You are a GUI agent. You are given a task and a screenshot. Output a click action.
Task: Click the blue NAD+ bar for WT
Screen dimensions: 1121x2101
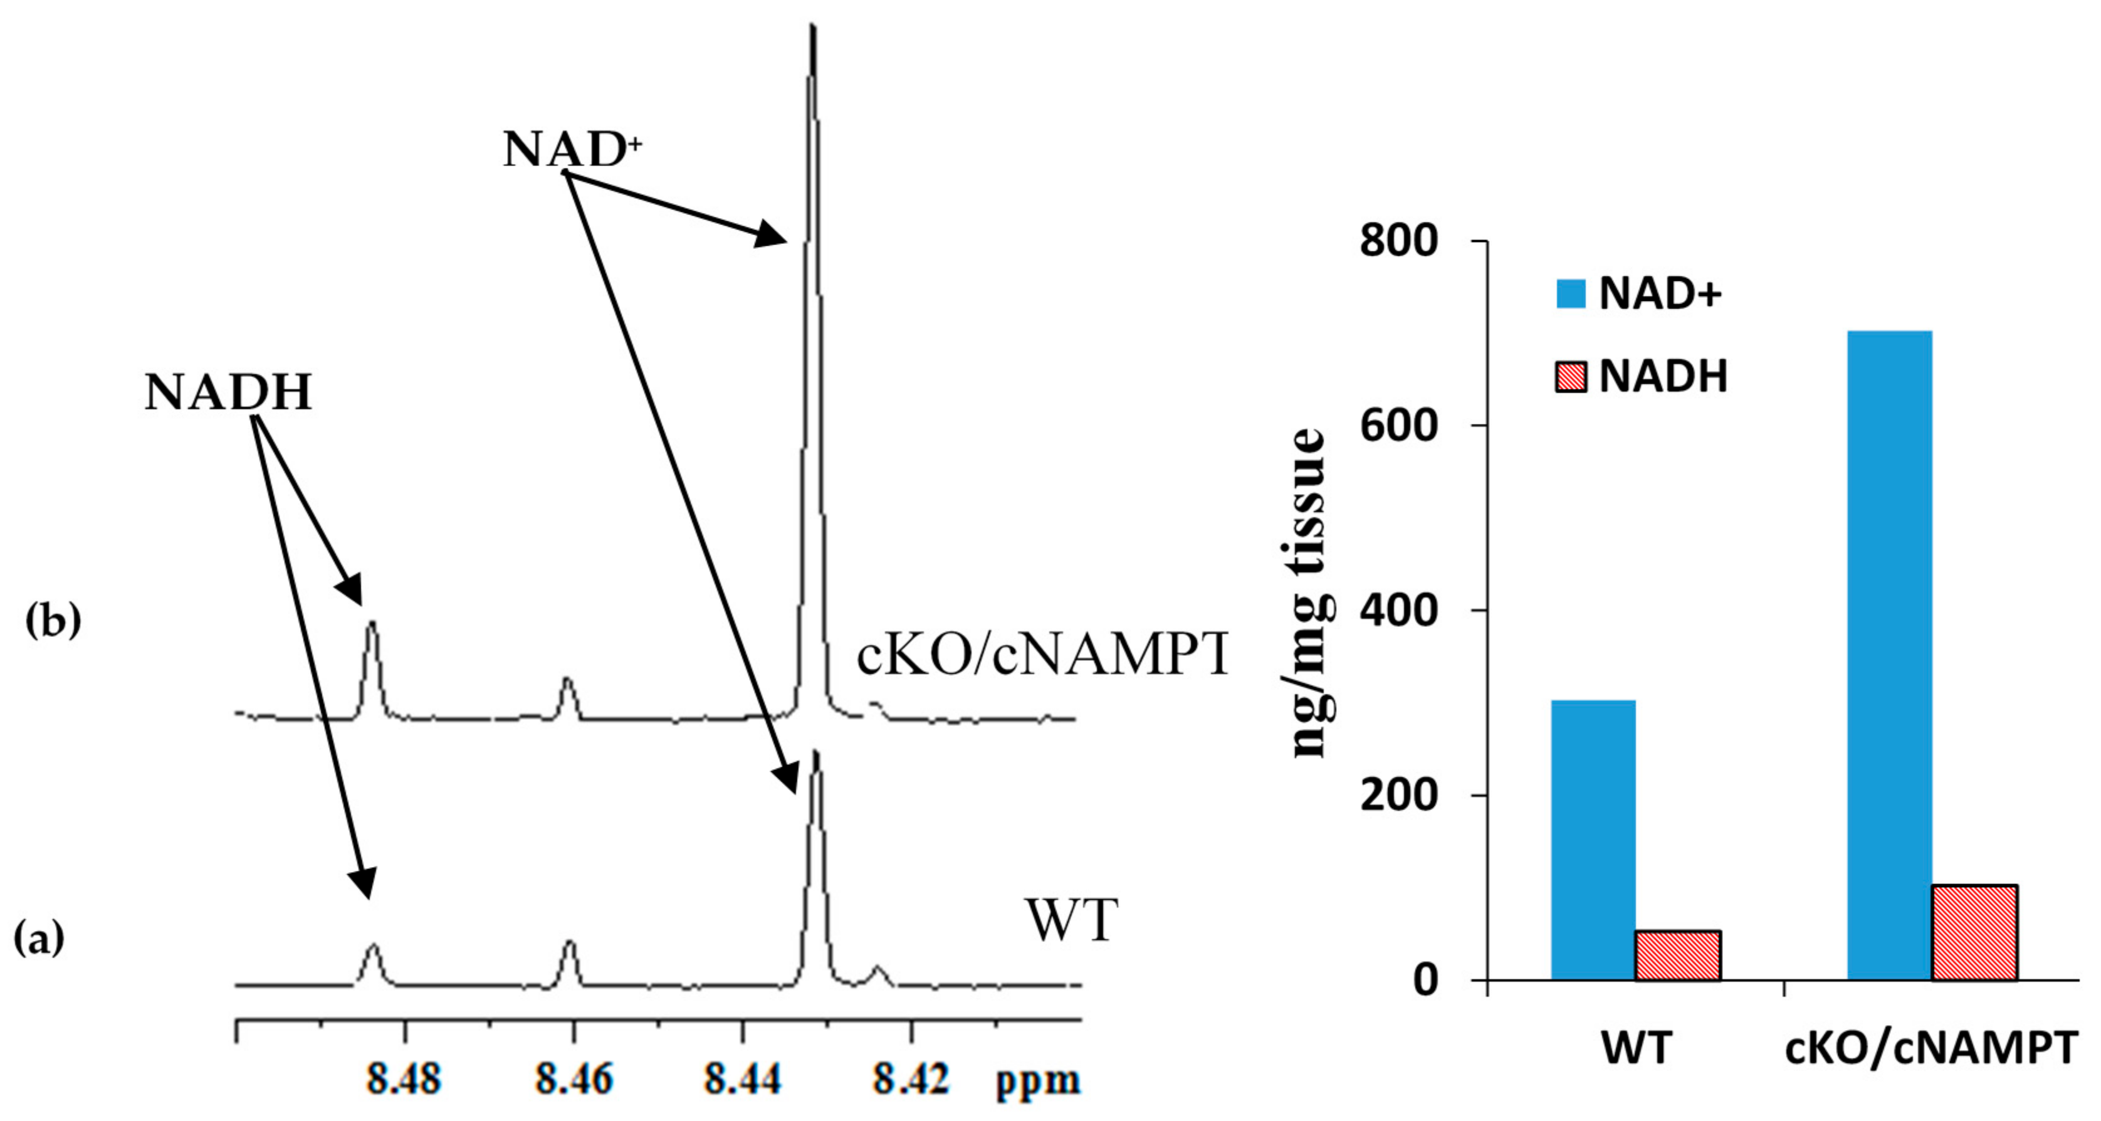coord(1592,839)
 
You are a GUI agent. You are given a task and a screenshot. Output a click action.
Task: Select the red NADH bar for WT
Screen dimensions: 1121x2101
coord(1678,955)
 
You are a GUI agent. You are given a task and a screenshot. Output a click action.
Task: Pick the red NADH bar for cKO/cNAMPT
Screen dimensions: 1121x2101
coord(1974,932)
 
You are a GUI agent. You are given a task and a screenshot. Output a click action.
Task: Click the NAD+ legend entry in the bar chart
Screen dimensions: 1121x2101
coord(1639,293)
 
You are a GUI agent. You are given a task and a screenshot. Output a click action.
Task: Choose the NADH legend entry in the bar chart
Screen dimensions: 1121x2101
coord(1641,377)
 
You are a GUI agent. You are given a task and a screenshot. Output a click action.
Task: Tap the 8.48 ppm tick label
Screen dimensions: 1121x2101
coord(404,1080)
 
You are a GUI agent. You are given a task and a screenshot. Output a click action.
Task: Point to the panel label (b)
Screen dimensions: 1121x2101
coord(54,622)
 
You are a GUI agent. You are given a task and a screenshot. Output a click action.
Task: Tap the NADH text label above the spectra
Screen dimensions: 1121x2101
coord(228,392)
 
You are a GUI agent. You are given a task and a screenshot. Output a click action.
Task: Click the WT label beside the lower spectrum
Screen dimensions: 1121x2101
coord(1072,921)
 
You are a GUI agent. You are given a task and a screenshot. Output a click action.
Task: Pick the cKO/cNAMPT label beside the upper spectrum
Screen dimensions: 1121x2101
coord(1042,655)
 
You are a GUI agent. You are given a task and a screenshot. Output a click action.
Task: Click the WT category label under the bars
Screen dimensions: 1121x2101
coord(1636,1049)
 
